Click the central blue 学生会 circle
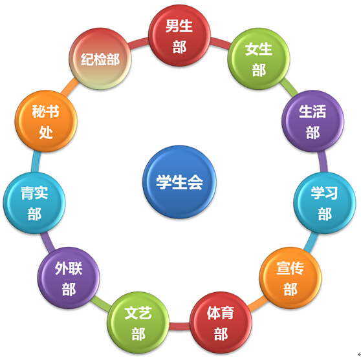click(179, 182)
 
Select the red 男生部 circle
click(179, 36)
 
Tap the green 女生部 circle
click(259, 59)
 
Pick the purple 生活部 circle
click(312, 121)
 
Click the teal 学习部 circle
click(325, 203)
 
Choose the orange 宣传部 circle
click(290, 278)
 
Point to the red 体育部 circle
click(221, 323)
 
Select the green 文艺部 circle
click(138, 323)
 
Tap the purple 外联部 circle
click(69, 278)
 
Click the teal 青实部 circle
click(34, 203)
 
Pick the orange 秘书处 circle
click(46, 121)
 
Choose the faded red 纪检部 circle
click(100, 59)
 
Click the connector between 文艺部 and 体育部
click(180, 326)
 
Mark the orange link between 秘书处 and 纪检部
click(69, 87)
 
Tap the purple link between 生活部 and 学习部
click(323, 162)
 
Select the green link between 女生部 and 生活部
click(289, 86)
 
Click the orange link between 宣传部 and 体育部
click(257, 304)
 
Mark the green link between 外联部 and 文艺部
click(102, 304)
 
